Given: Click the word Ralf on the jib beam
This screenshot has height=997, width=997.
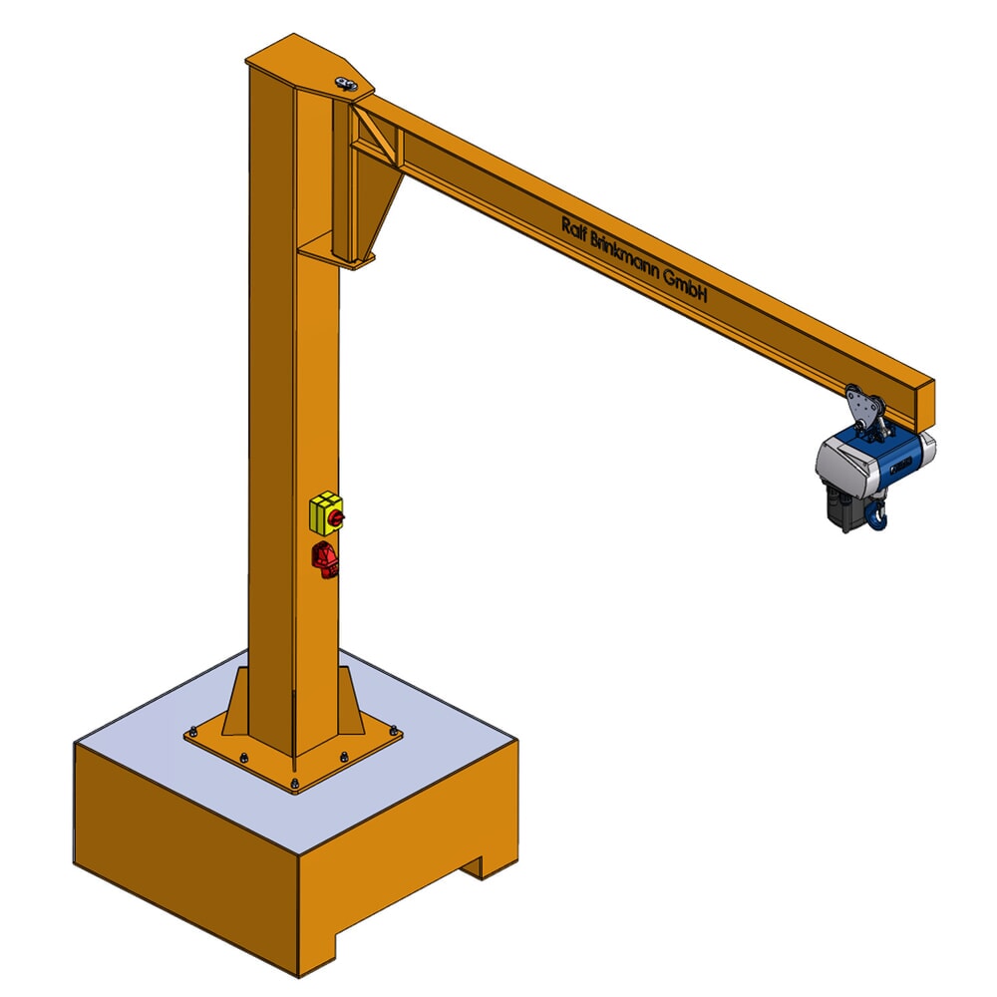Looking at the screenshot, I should coord(577,228).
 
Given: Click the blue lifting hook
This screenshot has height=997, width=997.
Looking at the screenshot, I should coord(877,515).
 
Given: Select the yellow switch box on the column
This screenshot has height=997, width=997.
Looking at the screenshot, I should coord(326,513).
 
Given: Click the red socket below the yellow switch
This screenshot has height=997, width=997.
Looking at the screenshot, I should coord(326,560).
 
